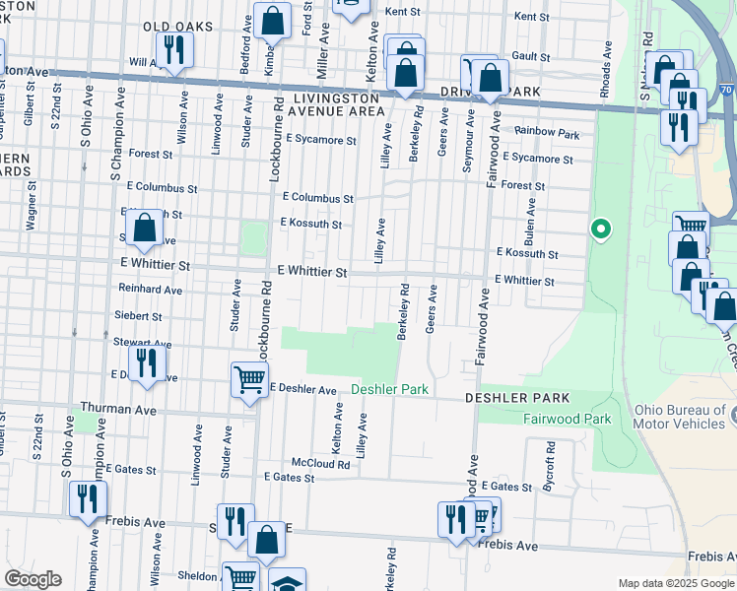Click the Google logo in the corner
pos(33,579)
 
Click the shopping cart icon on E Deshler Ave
pos(249,378)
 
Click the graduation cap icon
pos(286,582)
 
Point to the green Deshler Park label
pos(390,390)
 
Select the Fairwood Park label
pos(566,419)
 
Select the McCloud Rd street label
pos(320,463)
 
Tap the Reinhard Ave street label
pos(150,291)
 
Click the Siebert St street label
pos(138,316)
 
